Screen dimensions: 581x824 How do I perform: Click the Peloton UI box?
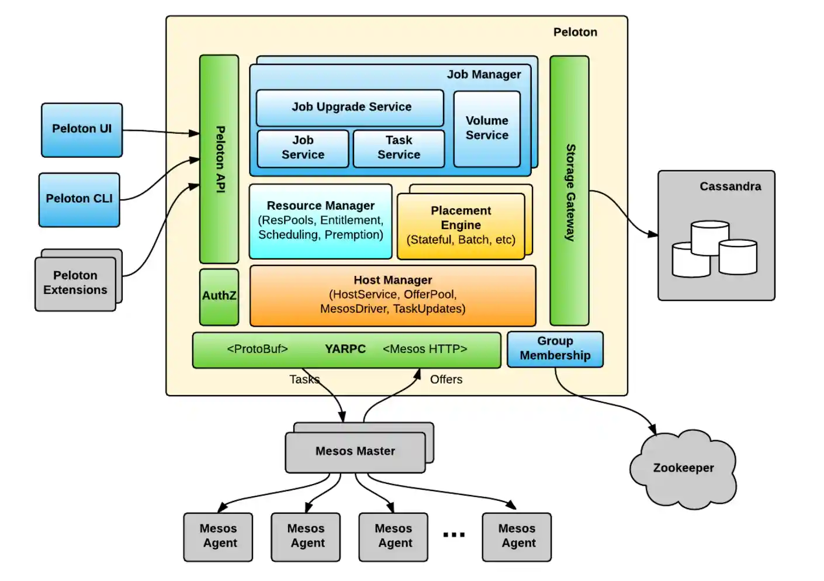click(82, 130)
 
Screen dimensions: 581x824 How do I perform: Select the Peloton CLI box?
click(79, 199)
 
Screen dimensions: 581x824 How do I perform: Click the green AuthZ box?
click(219, 296)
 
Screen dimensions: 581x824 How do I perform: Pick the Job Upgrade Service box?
click(350, 108)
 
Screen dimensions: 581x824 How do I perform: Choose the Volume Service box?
click(487, 129)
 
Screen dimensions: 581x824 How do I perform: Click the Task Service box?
click(399, 148)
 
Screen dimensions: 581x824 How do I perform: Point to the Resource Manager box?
click(320, 221)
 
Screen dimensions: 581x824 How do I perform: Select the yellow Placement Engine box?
click(461, 226)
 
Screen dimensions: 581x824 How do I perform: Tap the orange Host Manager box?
click(393, 295)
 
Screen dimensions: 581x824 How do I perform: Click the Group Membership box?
click(555, 349)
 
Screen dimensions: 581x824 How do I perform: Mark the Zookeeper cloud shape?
click(683, 469)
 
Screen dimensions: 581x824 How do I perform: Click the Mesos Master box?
click(355, 452)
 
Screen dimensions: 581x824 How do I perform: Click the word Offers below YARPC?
click(446, 380)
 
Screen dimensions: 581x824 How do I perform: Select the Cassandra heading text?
click(730, 186)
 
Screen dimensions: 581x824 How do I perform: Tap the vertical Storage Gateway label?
click(570, 192)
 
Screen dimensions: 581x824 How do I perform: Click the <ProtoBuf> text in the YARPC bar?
click(257, 350)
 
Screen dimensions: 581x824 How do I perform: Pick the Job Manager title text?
click(484, 75)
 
